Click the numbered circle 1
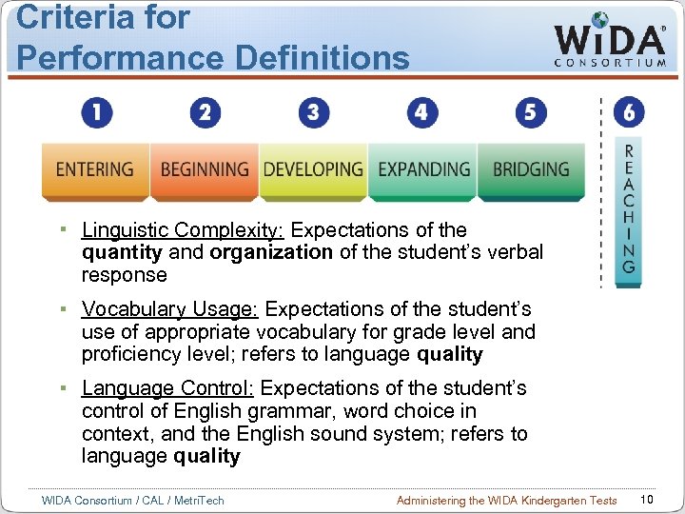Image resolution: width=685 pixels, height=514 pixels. pos(96,113)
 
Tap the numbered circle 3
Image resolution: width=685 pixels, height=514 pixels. pos(314,113)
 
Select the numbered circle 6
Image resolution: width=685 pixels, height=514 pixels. pos(629,113)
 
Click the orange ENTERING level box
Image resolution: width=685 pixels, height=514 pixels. pos(94,169)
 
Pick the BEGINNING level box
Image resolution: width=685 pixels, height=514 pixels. pos(205,169)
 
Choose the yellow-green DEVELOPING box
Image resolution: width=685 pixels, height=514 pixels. pos(313,169)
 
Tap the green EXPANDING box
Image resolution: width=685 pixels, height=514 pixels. pos(423,169)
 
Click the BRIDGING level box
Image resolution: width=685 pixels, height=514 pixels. pos(531,169)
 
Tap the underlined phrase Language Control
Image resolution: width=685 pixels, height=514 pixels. pos(167,388)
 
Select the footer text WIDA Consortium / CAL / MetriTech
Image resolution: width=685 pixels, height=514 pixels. pos(133,501)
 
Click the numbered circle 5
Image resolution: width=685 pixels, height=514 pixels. pos(531,113)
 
